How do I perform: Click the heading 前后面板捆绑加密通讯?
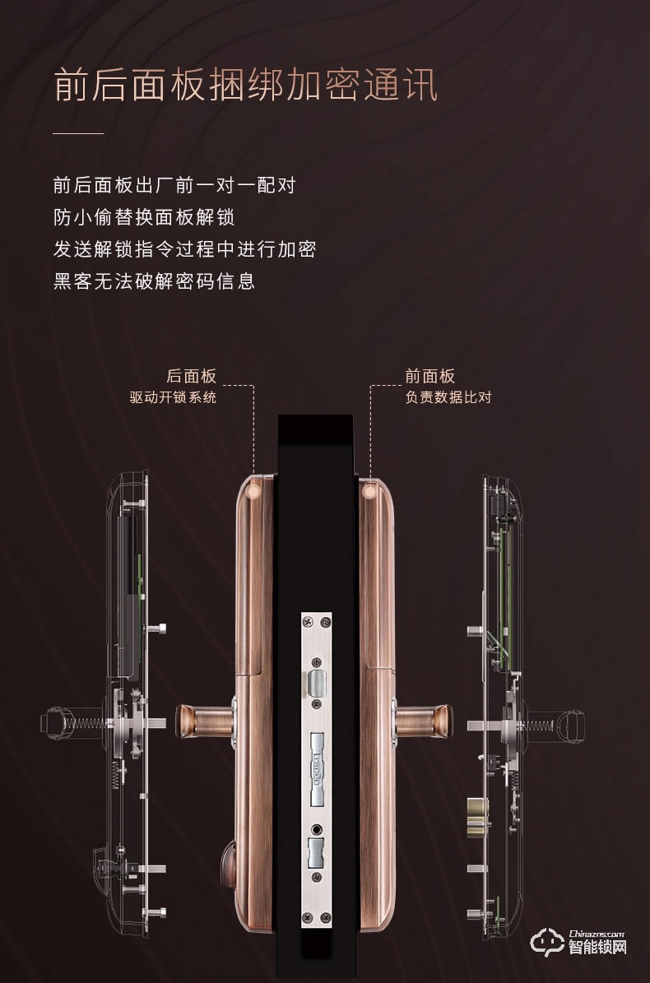point(245,86)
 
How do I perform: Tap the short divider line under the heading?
point(78,132)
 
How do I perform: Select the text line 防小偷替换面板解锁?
point(144,217)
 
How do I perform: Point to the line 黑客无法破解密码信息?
point(154,281)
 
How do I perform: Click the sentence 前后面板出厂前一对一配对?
point(174,184)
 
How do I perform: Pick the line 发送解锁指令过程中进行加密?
point(184,249)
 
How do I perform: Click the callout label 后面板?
point(192,376)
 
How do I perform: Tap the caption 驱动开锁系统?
point(174,398)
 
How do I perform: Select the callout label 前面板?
point(429,376)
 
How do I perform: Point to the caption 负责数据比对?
point(448,398)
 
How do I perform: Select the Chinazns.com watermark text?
point(597,934)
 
